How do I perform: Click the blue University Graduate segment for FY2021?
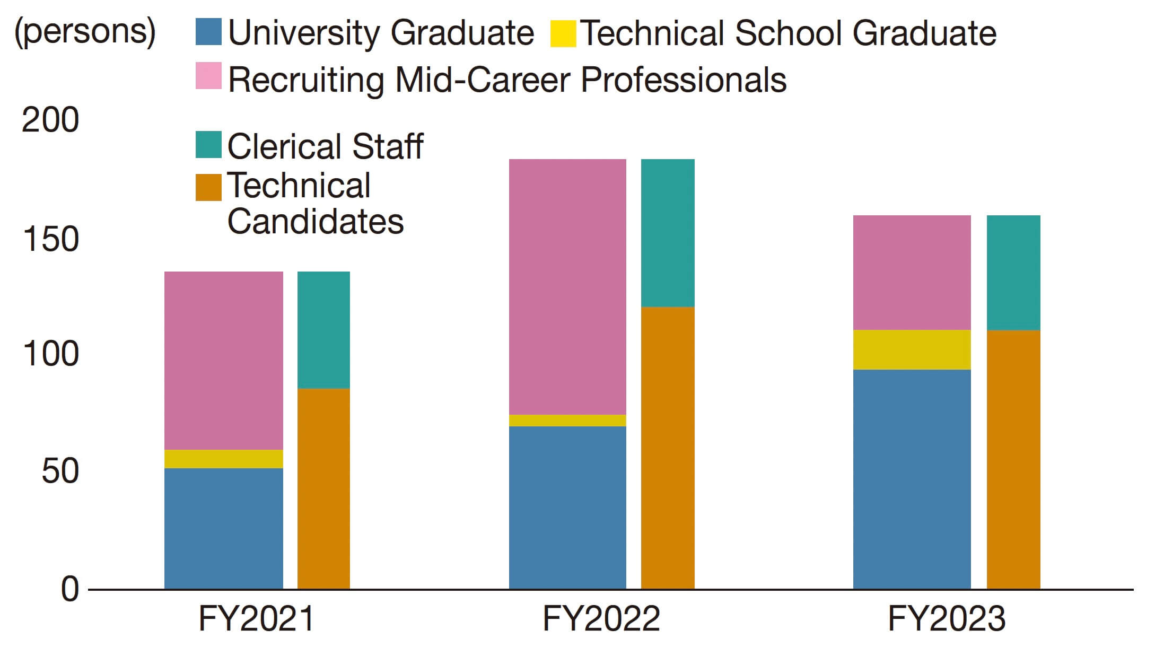(223, 528)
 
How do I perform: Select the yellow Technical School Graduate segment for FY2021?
(223, 459)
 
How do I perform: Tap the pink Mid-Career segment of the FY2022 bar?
(567, 286)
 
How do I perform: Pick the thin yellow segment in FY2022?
(567, 421)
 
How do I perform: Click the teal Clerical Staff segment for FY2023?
(1013, 273)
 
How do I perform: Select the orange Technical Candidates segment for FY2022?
(668, 448)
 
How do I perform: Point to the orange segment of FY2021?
(323, 488)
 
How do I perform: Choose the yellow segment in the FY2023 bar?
(912, 349)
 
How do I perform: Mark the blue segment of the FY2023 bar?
(912, 479)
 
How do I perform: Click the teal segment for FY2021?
(323, 330)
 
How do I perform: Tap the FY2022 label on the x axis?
(601, 618)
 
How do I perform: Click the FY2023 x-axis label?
(946, 618)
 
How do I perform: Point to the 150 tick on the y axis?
(51, 239)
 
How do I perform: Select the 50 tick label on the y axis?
(60, 471)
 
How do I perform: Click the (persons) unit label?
(85, 32)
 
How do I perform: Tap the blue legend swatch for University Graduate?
(208, 32)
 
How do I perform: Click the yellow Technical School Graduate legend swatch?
(563, 33)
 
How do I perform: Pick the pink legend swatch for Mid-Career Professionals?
(208, 76)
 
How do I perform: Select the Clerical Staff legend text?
(325, 146)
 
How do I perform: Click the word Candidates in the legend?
(316, 221)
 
